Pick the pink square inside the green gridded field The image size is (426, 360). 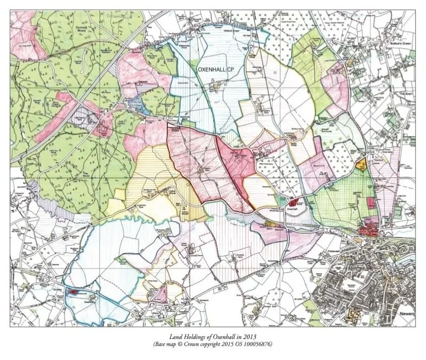pyautogui.click(x=371, y=202)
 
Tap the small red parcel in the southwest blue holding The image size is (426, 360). pyautogui.click(x=73, y=292)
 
